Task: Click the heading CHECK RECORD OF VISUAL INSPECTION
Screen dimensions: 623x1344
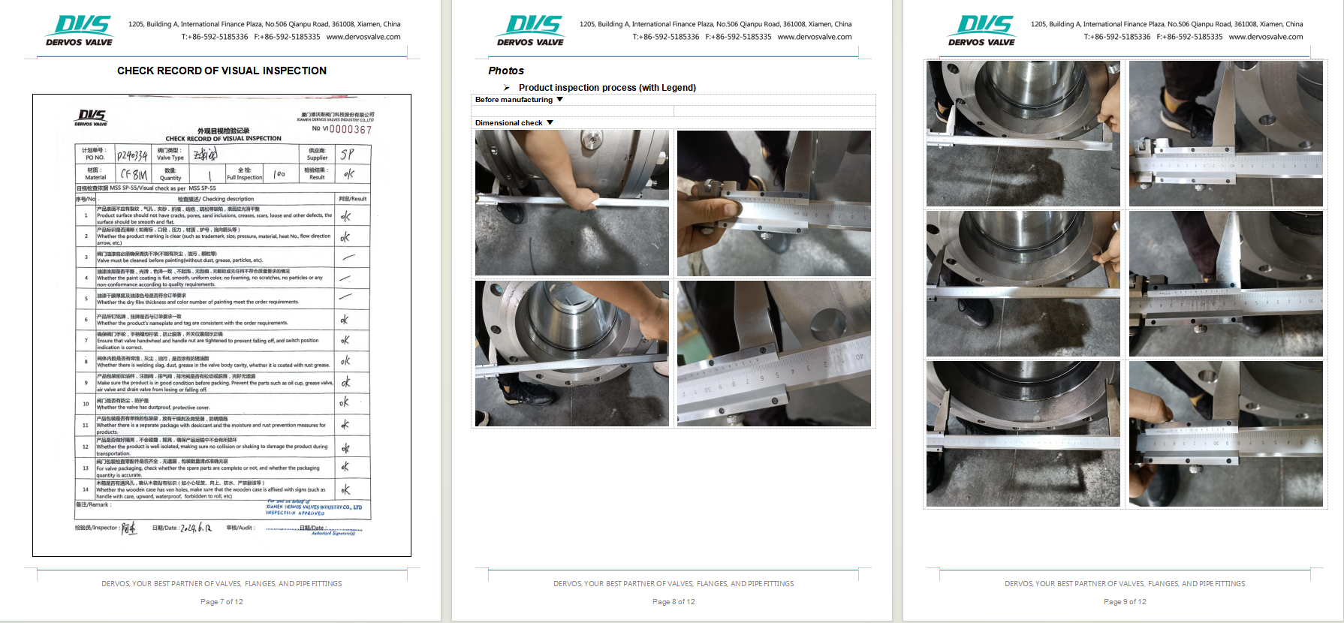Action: [221, 71]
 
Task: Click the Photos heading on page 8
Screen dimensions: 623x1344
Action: [506, 71]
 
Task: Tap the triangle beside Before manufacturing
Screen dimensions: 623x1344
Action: [559, 99]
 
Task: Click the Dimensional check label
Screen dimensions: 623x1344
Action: [508, 122]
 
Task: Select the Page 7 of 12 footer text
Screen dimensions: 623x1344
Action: [221, 601]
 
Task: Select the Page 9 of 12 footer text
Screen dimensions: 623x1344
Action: [1125, 601]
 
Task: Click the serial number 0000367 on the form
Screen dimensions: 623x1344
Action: [350, 130]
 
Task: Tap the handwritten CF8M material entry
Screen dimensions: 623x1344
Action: [134, 174]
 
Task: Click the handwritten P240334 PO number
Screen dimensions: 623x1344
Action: [131, 155]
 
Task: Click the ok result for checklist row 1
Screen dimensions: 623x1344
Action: [345, 216]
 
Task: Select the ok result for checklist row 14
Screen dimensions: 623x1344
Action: [345, 490]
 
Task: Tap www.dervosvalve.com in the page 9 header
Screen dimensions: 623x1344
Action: [1266, 37]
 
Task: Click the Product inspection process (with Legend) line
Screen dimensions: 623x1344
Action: [607, 88]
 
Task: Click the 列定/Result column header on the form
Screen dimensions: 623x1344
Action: [352, 199]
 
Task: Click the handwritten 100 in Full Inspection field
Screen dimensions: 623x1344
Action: [279, 174]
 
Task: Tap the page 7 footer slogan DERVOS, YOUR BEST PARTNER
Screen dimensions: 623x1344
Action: [221, 583]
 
